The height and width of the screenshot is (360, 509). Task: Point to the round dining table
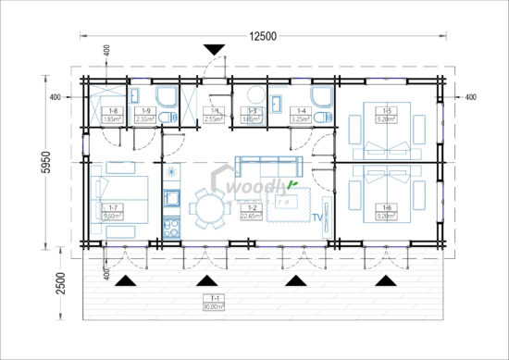pyautogui.click(x=207, y=209)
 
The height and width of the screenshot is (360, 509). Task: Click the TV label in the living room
pyautogui.click(x=317, y=218)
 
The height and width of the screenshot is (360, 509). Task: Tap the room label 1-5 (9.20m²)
pyautogui.click(x=387, y=116)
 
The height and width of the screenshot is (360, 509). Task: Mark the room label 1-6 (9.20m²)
pyautogui.click(x=387, y=211)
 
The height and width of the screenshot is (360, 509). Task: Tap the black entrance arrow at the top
pyautogui.click(x=215, y=50)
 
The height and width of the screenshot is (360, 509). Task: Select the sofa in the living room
pyautogui.click(x=269, y=165)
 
